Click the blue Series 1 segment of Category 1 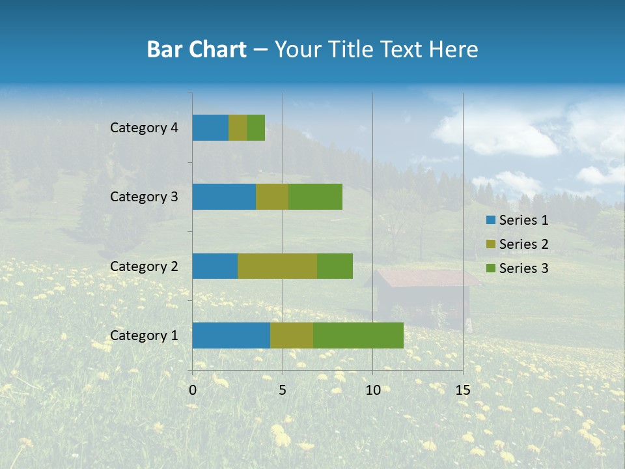[231, 335]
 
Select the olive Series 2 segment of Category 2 [277, 266]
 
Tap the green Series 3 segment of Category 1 [358, 335]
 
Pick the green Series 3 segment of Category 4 [256, 128]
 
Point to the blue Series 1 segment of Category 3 [224, 197]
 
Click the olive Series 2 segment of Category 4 [238, 128]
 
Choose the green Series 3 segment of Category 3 [315, 197]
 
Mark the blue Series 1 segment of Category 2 [215, 266]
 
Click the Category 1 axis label [144, 335]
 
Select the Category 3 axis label [144, 197]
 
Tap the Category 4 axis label [144, 128]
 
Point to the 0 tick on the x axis [193, 390]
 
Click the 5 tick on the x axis [283, 390]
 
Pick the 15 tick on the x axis [462, 390]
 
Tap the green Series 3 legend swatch [491, 268]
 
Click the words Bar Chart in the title [197, 50]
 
